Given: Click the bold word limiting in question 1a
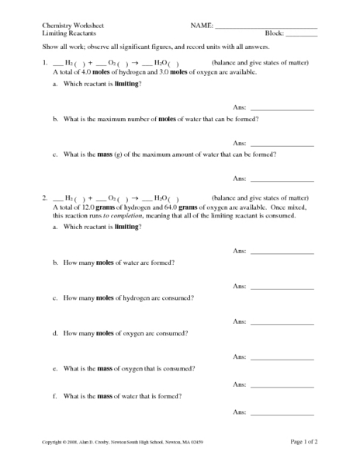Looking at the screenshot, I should point(126,83).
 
